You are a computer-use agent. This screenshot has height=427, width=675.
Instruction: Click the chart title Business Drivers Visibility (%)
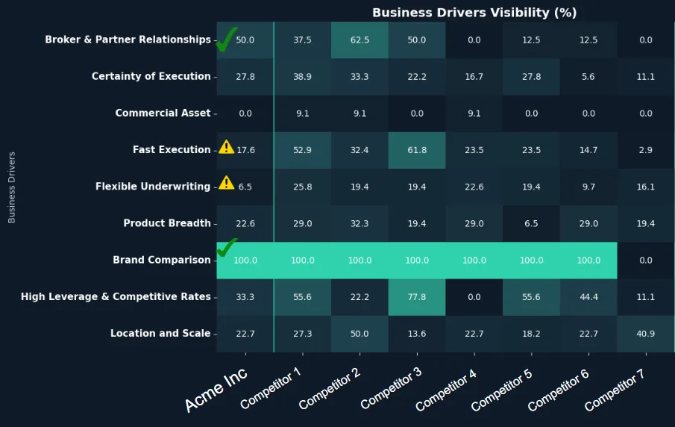474,13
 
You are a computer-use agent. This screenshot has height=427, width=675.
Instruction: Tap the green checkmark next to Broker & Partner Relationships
226,40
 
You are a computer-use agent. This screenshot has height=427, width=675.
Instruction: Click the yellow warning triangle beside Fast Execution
226,147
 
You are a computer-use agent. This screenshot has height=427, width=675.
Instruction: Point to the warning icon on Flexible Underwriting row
226,184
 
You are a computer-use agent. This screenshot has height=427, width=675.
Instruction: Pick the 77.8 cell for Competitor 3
417,297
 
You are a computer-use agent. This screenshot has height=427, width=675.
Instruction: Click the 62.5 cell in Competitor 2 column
360,40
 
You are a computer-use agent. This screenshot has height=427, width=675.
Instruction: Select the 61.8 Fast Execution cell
417,150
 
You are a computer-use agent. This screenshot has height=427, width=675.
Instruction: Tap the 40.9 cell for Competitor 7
646,334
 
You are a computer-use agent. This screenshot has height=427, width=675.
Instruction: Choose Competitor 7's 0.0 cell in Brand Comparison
646,261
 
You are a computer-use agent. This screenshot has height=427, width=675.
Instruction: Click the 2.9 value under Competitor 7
646,150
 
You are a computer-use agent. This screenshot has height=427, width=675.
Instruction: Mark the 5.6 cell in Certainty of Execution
588,77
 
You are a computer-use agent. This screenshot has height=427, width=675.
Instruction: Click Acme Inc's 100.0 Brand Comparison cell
245,261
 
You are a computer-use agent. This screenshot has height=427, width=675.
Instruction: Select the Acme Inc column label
216,390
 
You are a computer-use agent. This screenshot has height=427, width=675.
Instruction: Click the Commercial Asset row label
163,113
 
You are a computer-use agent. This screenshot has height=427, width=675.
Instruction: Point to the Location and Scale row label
160,334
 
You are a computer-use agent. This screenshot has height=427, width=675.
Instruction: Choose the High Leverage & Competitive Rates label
116,297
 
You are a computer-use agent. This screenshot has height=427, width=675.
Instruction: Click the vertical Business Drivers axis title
11,187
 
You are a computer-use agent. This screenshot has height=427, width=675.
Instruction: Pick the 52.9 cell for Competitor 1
302,150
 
